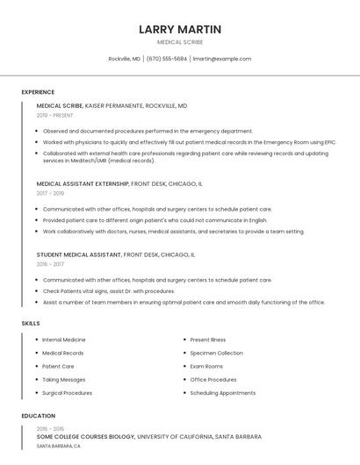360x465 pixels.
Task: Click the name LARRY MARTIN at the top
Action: point(180,30)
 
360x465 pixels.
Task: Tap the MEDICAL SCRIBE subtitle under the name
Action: point(180,42)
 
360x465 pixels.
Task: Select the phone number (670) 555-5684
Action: point(167,59)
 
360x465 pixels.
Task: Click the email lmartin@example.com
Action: point(222,59)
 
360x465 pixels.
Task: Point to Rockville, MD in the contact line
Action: point(125,59)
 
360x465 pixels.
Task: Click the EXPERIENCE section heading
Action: point(38,92)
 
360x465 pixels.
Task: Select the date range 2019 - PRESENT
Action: point(55,115)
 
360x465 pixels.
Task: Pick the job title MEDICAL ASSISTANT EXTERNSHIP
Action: point(83,184)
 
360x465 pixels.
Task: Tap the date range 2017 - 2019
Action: point(50,193)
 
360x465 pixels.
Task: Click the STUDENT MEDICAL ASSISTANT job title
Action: point(79,254)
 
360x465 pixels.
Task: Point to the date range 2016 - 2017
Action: point(50,263)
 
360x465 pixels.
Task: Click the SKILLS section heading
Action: point(31,324)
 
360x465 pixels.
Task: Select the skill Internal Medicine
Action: point(64,340)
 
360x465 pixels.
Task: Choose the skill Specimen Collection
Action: point(216,353)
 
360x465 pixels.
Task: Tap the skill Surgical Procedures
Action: point(67,393)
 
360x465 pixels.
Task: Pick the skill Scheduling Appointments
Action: point(223,393)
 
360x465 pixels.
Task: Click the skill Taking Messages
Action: point(64,380)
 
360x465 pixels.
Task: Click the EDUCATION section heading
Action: point(38,416)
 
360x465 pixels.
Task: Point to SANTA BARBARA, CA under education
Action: point(59,446)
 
